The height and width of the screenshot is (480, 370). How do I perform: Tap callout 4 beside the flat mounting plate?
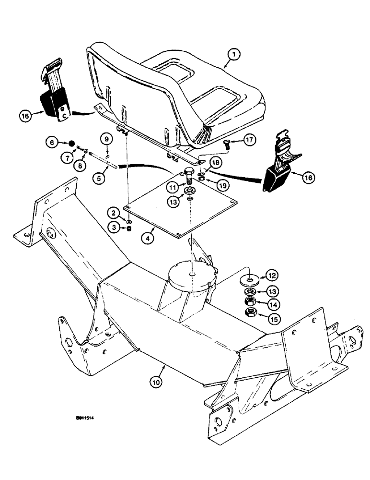149,238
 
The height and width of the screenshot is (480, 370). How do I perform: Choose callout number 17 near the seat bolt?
247,140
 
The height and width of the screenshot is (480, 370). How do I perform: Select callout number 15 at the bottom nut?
272,316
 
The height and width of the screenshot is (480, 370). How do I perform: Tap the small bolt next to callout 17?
227,143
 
